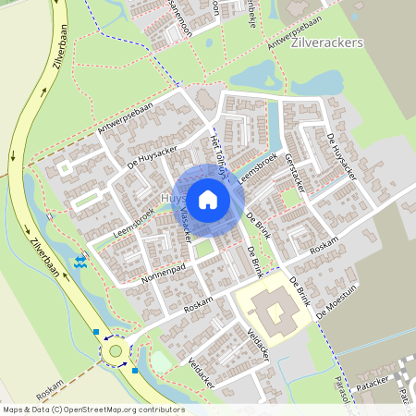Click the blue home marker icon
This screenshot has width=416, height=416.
click(x=208, y=199)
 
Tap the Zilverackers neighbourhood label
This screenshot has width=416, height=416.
click(x=326, y=43)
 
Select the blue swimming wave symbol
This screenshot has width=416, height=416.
click(x=81, y=262)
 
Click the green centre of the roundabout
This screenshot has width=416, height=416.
click(x=116, y=350)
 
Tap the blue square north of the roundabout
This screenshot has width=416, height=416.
click(x=96, y=330)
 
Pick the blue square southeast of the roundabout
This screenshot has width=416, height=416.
click(x=135, y=371)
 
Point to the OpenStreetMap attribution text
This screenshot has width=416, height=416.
click(x=92, y=410)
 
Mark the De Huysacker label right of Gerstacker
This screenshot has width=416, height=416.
click(x=341, y=155)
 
